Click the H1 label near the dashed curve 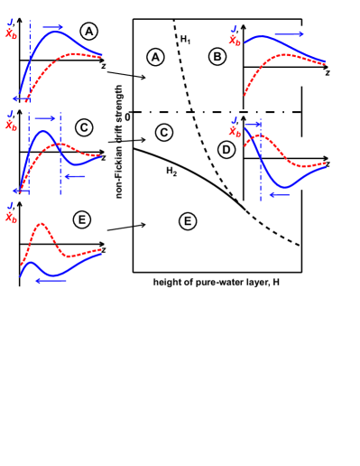pos(185,38)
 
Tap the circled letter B pos(217,57)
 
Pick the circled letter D pos(226,149)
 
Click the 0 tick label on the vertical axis pos(128,115)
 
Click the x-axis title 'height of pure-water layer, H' pos(216,283)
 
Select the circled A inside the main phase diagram pos(155,57)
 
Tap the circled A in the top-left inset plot pos(88,32)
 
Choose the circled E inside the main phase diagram pos(187,219)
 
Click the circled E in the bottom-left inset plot pos(82,220)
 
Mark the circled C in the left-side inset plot pos(83,127)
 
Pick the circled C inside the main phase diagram pos(163,133)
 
